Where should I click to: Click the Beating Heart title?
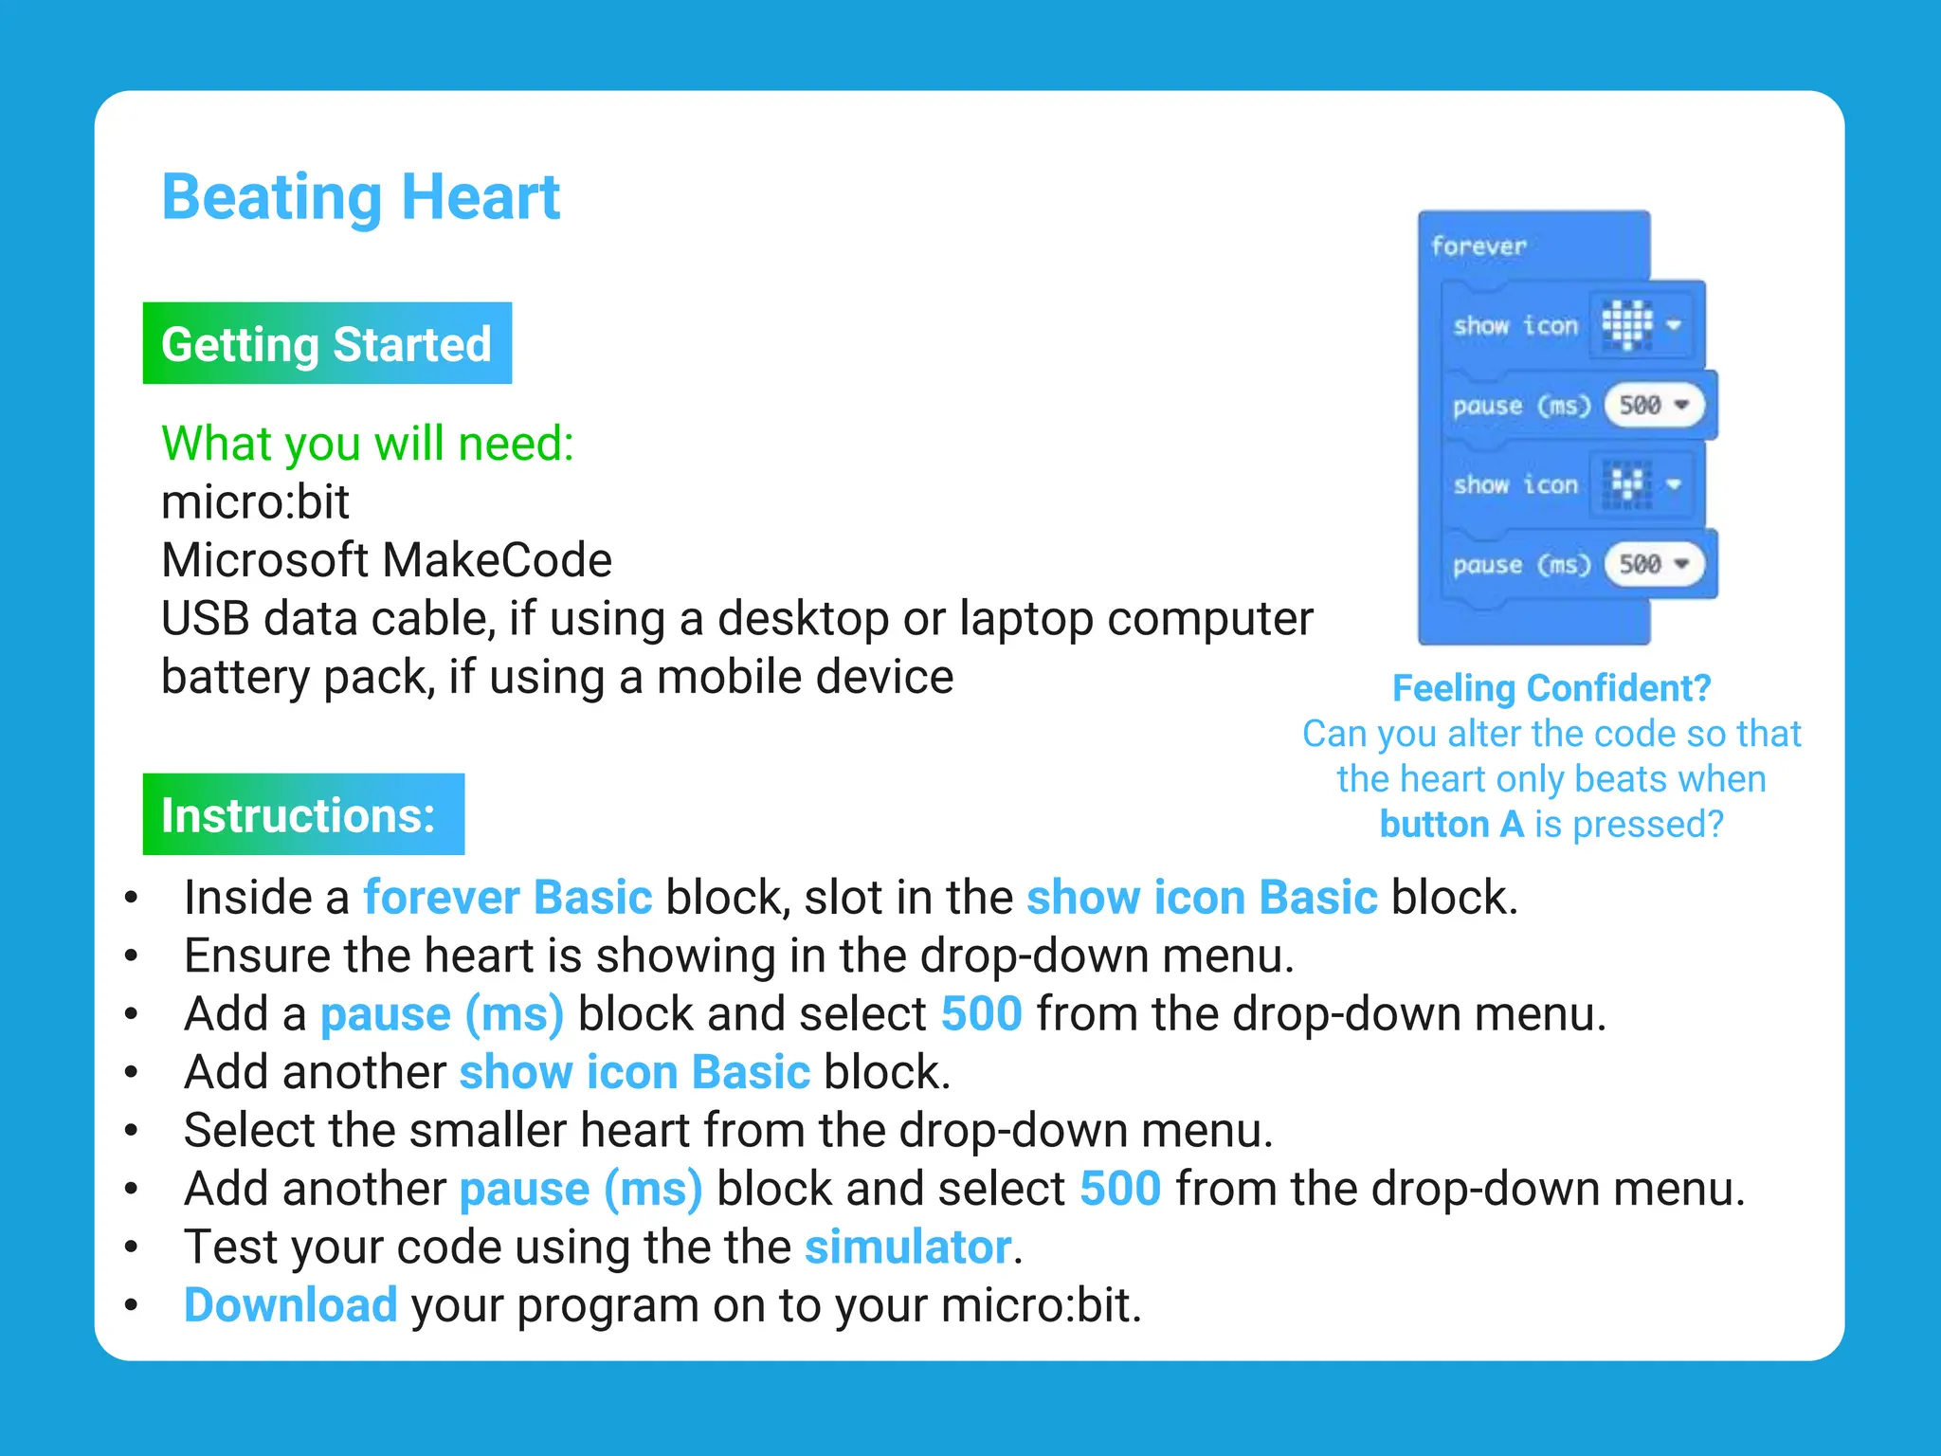coord(360,198)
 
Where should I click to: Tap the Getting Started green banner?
coord(327,343)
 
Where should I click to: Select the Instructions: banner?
coord(303,814)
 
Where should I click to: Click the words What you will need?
coord(368,444)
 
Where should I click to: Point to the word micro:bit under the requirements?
coord(255,501)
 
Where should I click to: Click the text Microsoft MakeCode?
coord(387,560)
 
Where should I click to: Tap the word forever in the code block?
coord(1478,246)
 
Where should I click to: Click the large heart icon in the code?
coord(1626,324)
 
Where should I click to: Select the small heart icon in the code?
coord(1627,484)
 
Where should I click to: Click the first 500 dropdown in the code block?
coord(1654,406)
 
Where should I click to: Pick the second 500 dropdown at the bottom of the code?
coord(1654,565)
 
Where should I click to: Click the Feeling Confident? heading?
coord(1551,688)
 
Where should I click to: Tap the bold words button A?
coord(1451,825)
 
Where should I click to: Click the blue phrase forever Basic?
coord(508,898)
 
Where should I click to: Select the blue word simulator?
coord(908,1247)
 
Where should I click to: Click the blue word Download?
coord(290,1305)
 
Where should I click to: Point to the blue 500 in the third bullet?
coord(981,1014)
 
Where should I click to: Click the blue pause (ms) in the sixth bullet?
coord(581,1189)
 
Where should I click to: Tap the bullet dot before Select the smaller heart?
coord(132,1131)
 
